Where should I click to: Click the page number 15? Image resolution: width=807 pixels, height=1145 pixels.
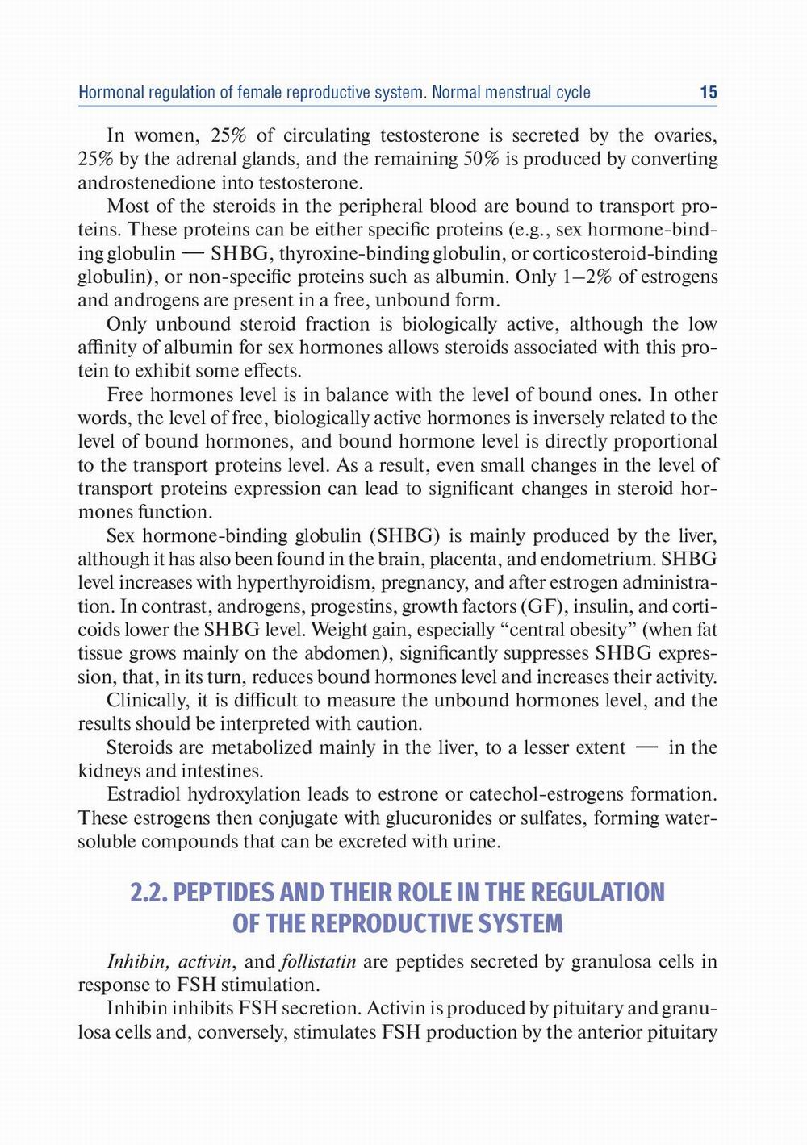click(x=708, y=93)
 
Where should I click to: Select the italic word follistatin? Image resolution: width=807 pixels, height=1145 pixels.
click(x=318, y=961)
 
